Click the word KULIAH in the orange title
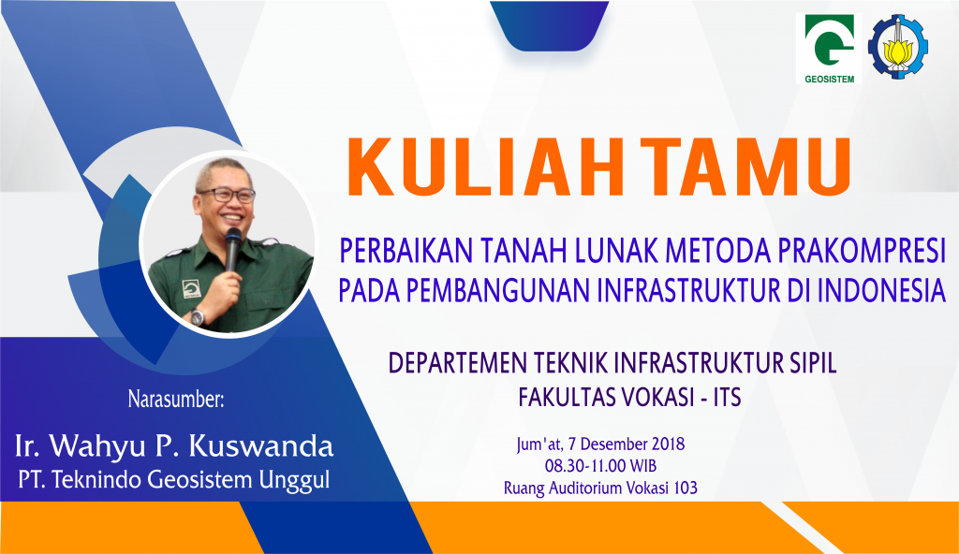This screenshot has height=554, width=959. (486, 167)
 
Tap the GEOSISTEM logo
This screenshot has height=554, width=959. (829, 49)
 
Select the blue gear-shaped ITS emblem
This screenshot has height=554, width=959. (898, 47)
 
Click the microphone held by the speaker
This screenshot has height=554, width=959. (232, 248)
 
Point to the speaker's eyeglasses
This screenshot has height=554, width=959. (227, 195)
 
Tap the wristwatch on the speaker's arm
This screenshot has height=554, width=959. (197, 317)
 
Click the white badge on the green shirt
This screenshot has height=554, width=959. (190, 288)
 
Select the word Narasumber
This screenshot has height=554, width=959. (176, 400)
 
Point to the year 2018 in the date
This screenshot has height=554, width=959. (669, 444)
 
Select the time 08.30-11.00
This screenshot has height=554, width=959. (585, 466)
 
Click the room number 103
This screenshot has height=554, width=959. (686, 488)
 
